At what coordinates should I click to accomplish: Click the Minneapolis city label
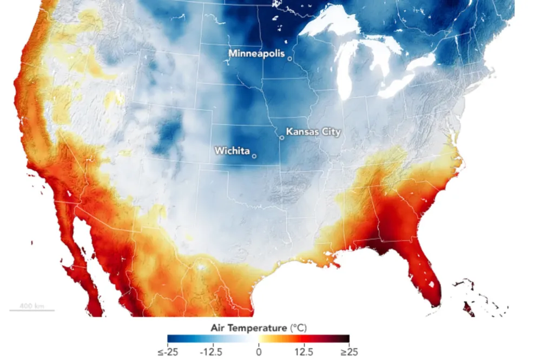pos(256,54)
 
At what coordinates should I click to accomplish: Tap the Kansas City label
pos(313,131)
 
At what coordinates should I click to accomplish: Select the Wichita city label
pos(232,151)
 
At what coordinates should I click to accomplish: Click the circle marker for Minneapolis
pos(290,58)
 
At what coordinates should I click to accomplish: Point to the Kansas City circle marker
pos(282,137)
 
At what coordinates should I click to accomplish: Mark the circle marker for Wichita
pos(254,156)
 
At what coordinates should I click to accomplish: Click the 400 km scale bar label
pos(31,306)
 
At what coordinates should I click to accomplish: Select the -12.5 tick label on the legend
pos(211,352)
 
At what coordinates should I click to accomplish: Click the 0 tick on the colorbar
pos(259,352)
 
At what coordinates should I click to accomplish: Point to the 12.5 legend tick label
pos(304,352)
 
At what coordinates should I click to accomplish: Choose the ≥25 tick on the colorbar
pos(349,352)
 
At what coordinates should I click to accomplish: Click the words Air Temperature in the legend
pos(247,328)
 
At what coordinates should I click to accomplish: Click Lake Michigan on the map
pos(346,76)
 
